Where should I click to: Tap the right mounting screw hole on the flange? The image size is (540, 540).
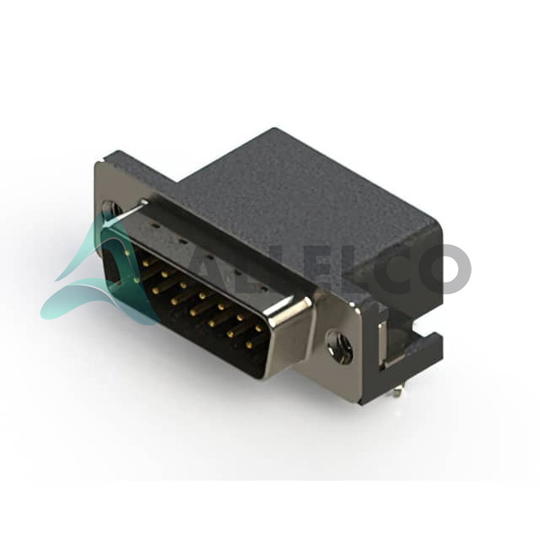(340, 343)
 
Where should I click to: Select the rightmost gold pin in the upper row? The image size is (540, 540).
(257, 328)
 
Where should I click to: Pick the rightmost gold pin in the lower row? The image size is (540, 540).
(249, 344)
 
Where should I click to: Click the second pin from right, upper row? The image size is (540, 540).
(239, 317)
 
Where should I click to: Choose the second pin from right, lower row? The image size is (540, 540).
(230, 333)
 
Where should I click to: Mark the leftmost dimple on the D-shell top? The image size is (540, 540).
(155, 226)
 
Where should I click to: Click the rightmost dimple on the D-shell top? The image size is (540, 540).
(263, 286)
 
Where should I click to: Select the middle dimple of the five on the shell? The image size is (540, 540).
(209, 256)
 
